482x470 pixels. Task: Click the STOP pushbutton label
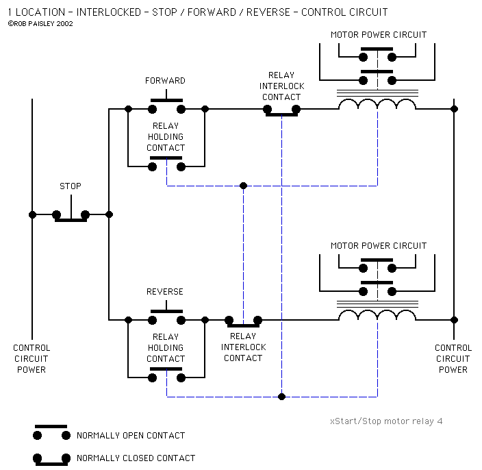click(x=71, y=186)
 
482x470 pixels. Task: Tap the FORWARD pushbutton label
click(x=165, y=81)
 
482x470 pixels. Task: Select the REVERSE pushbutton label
click(x=165, y=292)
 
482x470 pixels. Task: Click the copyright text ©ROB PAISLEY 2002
click(x=40, y=24)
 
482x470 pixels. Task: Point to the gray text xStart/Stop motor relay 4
click(x=386, y=421)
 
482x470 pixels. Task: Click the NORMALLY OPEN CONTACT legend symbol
click(x=51, y=432)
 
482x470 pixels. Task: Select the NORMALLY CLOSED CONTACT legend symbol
click(x=51, y=459)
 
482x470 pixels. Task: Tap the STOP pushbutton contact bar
click(x=71, y=220)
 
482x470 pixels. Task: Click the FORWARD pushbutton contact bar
click(x=166, y=100)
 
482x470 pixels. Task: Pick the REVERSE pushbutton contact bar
click(x=166, y=311)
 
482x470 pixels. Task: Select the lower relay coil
click(x=377, y=315)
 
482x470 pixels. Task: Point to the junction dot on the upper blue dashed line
click(x=244, y=186)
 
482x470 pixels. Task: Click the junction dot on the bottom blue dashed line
click(x=281, y=397)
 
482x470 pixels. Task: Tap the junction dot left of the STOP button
click(x=32, y=214)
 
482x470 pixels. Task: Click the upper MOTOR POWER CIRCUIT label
click(x=379, y=35)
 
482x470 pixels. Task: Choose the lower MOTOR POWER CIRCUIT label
click(x=379, y=246)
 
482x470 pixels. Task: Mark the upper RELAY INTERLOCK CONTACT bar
click(x=281, y=114)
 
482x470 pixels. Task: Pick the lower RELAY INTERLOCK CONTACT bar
click(x=244, y=325)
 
